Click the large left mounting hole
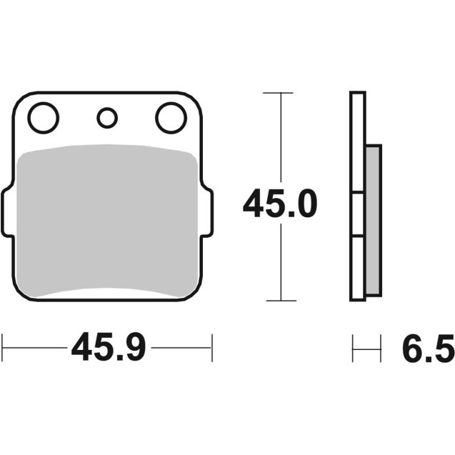(x=44, y=118)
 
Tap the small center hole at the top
(x=107, y=117)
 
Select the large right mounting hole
(x=170, y=118)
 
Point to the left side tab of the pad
(x=6, y=213)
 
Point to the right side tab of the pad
(x=208, y=213)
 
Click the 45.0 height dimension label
(x=279, y=206)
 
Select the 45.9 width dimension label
(x=109, y=349)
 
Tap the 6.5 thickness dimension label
(x=426, y=349)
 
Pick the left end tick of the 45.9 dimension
(x=3, y=349)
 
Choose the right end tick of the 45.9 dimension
(x=211, y=349)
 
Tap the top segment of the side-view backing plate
(x=358, y=143)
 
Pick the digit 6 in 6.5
(x=411, y=349)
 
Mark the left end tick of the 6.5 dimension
(x=353, y=349)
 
